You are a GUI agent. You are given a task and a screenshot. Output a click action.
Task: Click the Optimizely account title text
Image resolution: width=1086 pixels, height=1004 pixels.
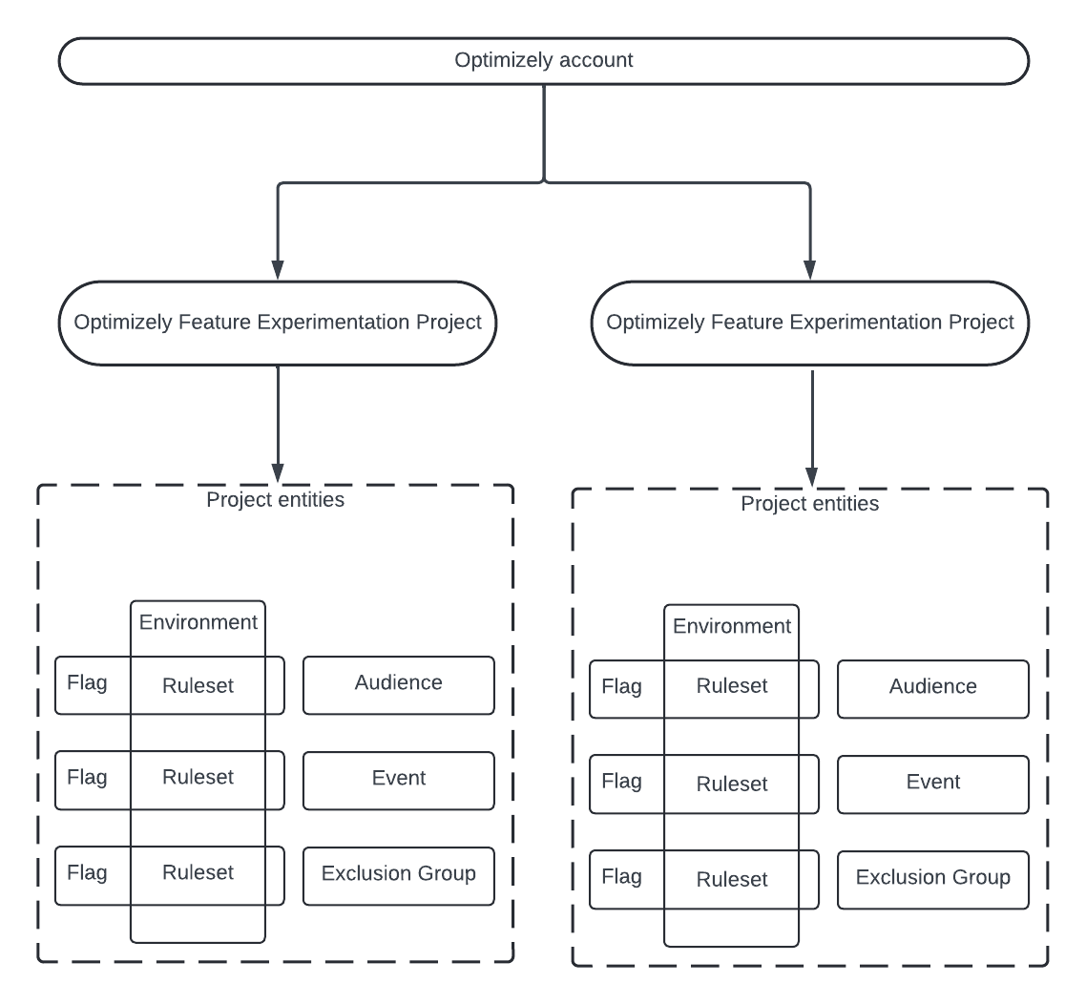[x=544, y=61]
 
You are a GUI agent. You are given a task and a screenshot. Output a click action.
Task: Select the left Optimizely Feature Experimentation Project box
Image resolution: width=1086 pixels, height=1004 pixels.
[x=277, y=323]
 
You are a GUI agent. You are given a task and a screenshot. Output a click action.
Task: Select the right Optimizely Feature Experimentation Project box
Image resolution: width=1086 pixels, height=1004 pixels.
[x=810, y=323]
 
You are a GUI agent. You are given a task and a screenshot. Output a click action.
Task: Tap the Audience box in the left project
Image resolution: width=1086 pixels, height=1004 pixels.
[x=399, y=684]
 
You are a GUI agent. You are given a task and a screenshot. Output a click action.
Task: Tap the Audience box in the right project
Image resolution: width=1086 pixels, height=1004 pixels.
[x=932, y=688]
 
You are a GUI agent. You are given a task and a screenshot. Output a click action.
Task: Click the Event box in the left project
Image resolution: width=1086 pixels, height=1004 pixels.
[x=399, y=780]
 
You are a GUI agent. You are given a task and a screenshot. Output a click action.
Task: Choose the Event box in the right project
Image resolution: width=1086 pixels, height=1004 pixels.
[x=932, y=784]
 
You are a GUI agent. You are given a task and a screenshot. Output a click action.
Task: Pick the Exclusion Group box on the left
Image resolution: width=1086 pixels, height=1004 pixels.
[x=399, y=875]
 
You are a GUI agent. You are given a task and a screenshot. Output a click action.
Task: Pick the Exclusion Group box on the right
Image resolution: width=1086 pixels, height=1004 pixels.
[x=932, y=879]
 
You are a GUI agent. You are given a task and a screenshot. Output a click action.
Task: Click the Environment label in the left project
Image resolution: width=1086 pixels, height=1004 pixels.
[x=198, y=622]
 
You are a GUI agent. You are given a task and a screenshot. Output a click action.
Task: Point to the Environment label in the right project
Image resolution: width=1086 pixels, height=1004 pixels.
[x=732, y=626]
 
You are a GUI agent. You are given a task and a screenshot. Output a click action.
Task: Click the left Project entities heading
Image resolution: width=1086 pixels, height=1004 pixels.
[x=276, y=499]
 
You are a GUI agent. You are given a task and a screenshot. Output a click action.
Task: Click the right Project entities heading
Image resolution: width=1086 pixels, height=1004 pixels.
[x=809, y=503]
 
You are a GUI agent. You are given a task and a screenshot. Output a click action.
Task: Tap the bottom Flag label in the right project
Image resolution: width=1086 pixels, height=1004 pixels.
[x=621, y=876]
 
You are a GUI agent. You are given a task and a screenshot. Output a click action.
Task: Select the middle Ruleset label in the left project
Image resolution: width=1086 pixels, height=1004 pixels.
[x=198, y=778]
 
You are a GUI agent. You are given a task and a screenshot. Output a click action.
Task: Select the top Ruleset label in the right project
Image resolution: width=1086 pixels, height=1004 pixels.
[x=732, y=686]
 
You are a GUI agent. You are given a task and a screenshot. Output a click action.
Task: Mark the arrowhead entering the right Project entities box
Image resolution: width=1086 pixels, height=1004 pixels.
[x=811, y=474]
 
